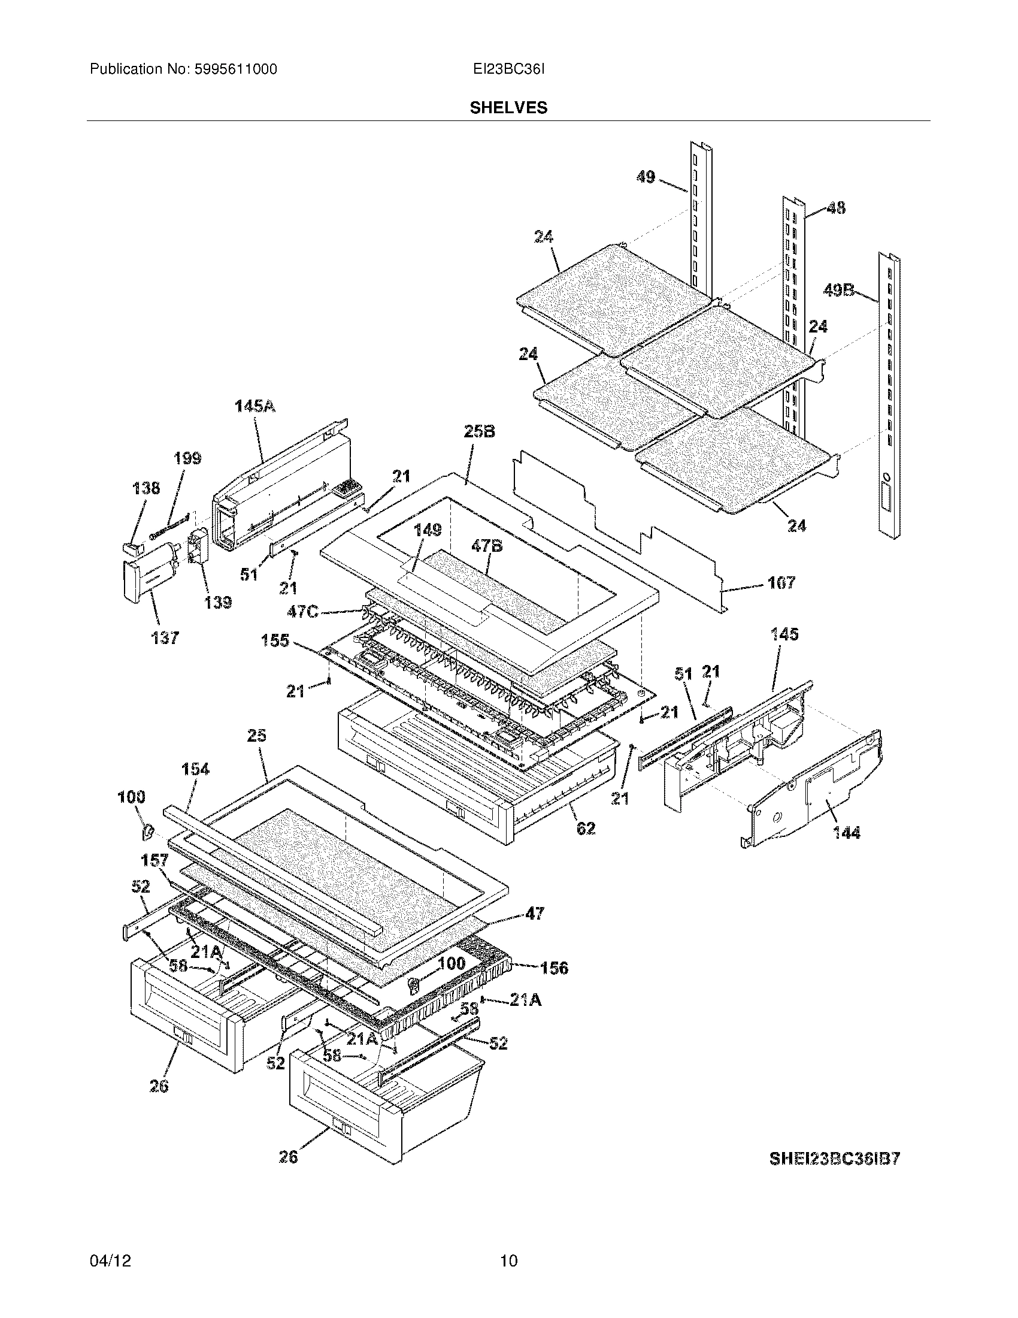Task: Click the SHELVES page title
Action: [x=508, y=108]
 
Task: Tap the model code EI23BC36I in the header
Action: [x=509, y=69]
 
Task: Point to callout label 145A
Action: [x=255, y=406]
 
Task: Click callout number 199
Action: [x=187, y=458]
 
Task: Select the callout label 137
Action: [x=165, y=638]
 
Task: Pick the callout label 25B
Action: [x=480, y=431]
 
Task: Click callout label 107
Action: [x=781, y=582]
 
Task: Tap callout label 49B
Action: [x=838, y=291]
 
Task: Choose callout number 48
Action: [x=835, y=208]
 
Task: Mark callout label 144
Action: [x=846, y=833]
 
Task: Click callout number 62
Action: [x=586, y=829]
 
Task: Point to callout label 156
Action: [x=554, y=968]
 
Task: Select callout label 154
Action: [x=195, y=769]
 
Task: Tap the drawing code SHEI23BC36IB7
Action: [x=834, y=1159]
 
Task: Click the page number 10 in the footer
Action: [x=508, y=1261]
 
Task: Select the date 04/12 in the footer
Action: [x=110, y=1261]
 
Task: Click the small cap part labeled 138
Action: [x=132, y=548]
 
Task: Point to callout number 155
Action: [x=275, y=640]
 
